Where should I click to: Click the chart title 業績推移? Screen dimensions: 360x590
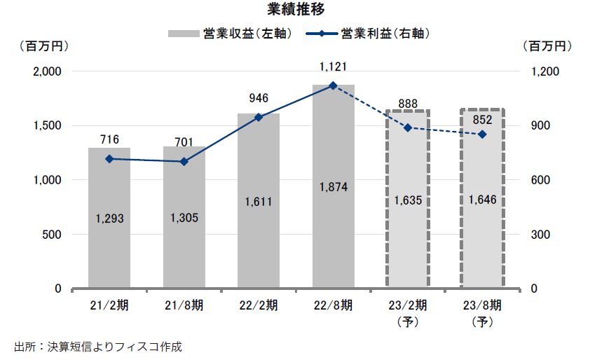tap(295, 9)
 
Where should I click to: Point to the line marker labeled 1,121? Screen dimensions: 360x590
tap(333, 85)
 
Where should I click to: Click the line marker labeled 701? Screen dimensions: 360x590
tap(184, 162)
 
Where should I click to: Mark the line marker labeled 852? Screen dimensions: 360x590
tap(482, 134)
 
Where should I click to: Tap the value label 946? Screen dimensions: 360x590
tap(259, 98)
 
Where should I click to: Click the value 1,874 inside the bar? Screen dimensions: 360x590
tap(333, 187)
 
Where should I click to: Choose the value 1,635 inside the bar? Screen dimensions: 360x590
tap(408, 200)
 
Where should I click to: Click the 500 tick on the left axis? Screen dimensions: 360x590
tap(53, 235)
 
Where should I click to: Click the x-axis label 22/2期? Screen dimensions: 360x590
tap(259, 305)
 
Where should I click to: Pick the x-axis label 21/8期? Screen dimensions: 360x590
tap(184, 305)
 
